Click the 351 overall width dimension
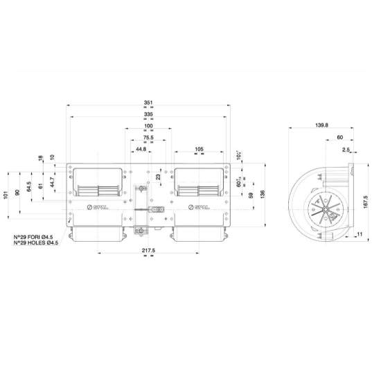pos(148,103)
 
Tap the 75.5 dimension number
pos(148,138)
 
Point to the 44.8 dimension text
pos(141,149)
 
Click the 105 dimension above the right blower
pos(199,149)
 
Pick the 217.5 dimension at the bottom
pos(148,250)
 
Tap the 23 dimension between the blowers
pos(158,177)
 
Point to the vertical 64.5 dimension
pos(29,187)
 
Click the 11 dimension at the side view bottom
pos(360,235)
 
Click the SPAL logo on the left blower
pos(98,207)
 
